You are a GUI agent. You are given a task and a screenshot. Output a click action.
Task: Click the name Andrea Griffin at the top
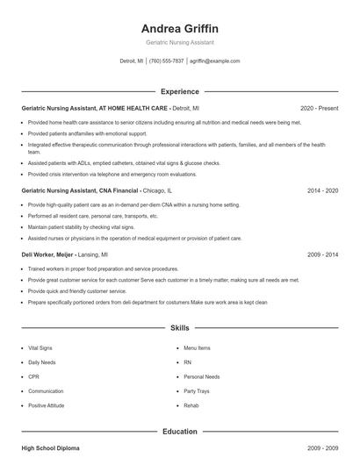(x=179, y=28)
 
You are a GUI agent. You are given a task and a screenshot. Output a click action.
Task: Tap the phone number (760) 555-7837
(x=166, y=61)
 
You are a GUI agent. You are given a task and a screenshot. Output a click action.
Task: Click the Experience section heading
(x=179, y=91)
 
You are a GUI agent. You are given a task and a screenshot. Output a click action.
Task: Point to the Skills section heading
(x=179, y=328)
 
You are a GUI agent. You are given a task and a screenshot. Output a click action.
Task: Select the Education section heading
(x=179, y=432)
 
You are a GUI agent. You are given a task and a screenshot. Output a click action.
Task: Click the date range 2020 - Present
(x=320, y=108)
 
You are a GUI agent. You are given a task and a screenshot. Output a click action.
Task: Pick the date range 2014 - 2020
(x=323, y=190)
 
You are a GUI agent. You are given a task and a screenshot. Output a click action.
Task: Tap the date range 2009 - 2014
(x=323, y=254)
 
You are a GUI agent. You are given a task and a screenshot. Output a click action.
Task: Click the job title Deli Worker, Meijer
(x=51, y=254)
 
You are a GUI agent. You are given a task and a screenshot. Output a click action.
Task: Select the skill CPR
(x=33, y=377)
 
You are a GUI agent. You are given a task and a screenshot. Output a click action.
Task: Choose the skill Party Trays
(x=197, y=391)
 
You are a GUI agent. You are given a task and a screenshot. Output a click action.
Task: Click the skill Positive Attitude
(x=46, y=406)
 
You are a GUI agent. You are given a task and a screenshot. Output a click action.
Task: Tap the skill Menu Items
(x=197, y=348)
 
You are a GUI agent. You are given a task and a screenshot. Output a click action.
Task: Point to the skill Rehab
(x=191, y=406)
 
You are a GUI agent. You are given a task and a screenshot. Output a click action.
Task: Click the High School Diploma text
(x=50, y=448)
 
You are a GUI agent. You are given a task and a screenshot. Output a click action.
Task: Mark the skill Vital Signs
(x=40, y=348)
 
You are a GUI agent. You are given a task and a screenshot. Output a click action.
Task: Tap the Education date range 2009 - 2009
(x=323, y=448)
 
